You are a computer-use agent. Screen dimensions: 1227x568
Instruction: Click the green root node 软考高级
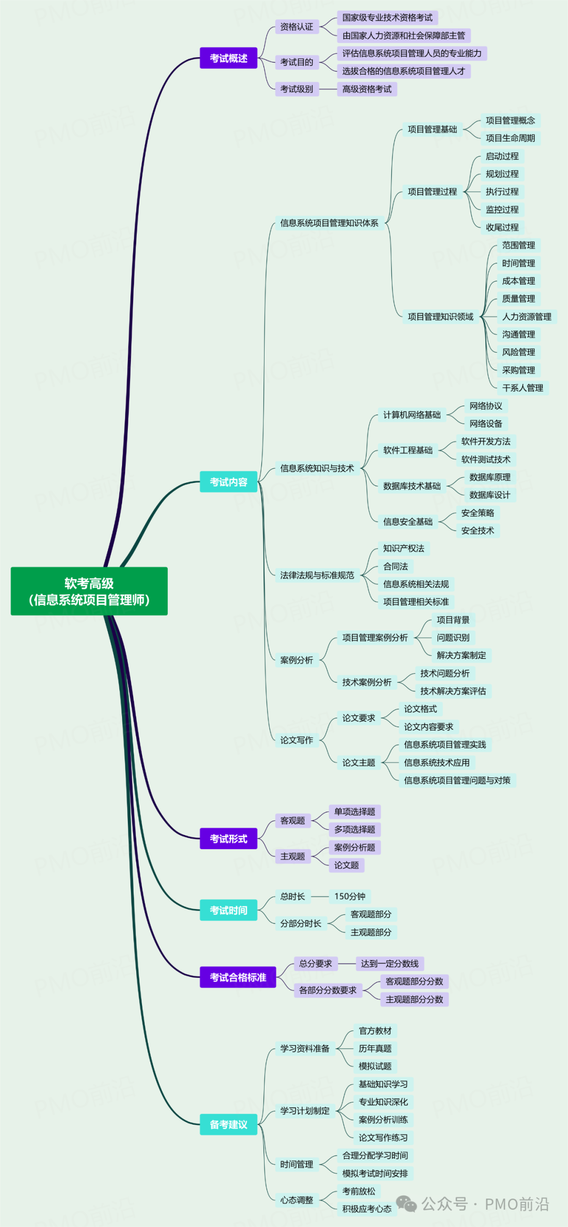pyautogui.click(x=89, y=591)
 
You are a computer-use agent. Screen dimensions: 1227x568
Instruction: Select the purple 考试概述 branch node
pyautogui.click(x=228, y=58)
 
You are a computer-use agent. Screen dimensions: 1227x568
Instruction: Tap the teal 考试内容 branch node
pyautogui.click(x=228, y=482)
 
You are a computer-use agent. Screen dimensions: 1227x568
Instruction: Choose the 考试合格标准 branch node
pyautogui.click(x=238, y=977)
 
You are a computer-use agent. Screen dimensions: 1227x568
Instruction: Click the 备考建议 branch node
pyautogui.click(x=228, y=1125)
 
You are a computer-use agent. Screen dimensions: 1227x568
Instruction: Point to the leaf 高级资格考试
pyautogui.click(x=367, y=89)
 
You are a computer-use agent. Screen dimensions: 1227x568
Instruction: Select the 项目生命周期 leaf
pyautogui.click(x=510, y=138)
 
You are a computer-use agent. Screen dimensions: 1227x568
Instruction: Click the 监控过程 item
pyautogui.click(x=502, y=210)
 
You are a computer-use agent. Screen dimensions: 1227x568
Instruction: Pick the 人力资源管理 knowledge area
pyautogui.click(x=526, y=317)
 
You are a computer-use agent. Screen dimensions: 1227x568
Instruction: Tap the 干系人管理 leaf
pyautogui.click(x=522, y=388)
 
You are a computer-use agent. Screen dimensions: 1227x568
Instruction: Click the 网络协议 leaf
pyautogui.click(x=485, y=406)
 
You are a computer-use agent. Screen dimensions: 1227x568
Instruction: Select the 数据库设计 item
pyautogui.click(x=490, y=495)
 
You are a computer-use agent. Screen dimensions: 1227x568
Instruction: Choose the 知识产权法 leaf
pyautogui.click(x=403, y=549)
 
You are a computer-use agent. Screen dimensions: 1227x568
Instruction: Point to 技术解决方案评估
pyautogui.click(x=453, y=691)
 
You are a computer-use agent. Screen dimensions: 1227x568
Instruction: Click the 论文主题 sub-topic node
pyautogui.click(x=359, y=762)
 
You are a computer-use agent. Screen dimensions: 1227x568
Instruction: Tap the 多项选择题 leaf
pyautogui.click(x=354, y=830)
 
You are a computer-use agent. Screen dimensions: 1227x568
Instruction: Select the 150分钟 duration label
pyautogui.click(x=350, y=896)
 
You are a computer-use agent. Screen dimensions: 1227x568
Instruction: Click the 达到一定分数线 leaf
pyautogui.click(x=390, y=964)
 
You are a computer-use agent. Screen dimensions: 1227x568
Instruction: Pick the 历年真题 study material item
pyautogui.click(x=375, y=1049)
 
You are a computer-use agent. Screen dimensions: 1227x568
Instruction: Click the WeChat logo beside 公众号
pyautogui.click(x=406, y=1204)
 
